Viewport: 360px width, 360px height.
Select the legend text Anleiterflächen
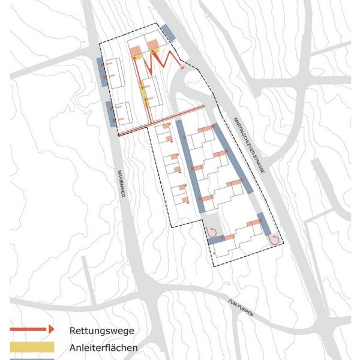pos(104,347)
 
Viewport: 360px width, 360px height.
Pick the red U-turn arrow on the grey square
pos(212,232)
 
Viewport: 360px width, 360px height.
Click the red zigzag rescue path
pos(162,59)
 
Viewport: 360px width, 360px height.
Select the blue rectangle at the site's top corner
pos(167,32)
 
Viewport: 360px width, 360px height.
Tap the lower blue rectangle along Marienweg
pos(110,114)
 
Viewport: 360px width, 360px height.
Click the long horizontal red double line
pos(162,118)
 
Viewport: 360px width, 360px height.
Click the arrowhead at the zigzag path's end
pos(182,68)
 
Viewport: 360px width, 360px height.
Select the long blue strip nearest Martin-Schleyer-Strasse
pos(230,162)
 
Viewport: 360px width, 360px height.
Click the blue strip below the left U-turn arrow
pos(215,241)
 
